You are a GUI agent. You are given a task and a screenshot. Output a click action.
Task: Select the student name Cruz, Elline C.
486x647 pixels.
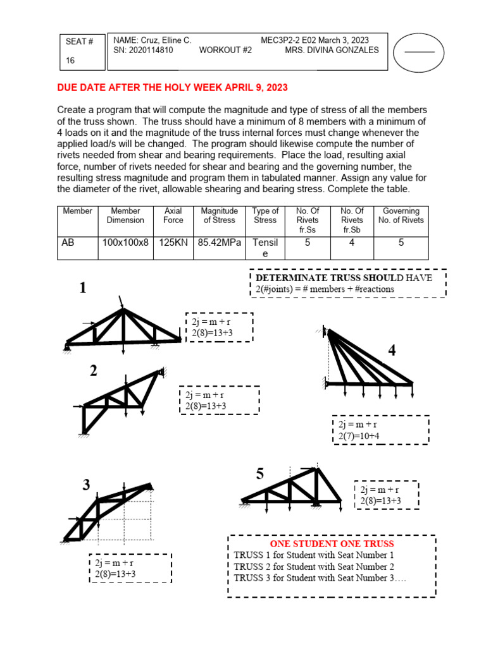(x=153, y=40)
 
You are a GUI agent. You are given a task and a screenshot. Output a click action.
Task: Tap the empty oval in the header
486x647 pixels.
(x=419, y=51)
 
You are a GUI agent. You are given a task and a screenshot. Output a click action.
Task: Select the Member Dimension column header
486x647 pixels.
(x=125, y=215)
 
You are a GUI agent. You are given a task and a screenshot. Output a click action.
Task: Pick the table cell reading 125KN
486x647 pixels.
(x=173, y=242)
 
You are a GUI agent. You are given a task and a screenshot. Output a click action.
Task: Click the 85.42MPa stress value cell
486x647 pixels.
(x=219, y=242)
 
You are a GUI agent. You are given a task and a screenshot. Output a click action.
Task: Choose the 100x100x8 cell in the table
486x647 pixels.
(x=125, y=242)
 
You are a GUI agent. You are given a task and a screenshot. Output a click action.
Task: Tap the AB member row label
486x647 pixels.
(x=68, y=242)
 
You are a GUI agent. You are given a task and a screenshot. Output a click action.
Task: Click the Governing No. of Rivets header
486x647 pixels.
(x=401, y=215)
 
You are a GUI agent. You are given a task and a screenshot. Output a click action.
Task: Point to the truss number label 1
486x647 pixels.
(x=83, y=288)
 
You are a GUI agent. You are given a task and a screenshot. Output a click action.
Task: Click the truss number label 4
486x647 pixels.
(x=392, y=351)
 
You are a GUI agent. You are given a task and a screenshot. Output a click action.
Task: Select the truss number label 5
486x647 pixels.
(x=260, y=475)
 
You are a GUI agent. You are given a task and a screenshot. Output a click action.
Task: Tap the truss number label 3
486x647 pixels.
(x=87, y=485)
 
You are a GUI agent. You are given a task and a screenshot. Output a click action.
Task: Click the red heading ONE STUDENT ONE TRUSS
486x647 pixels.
(x=332, y=543)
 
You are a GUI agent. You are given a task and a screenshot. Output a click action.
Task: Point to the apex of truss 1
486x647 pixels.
(x=123, y=310)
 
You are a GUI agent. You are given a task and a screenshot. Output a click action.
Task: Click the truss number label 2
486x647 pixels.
(x=93, y=372)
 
